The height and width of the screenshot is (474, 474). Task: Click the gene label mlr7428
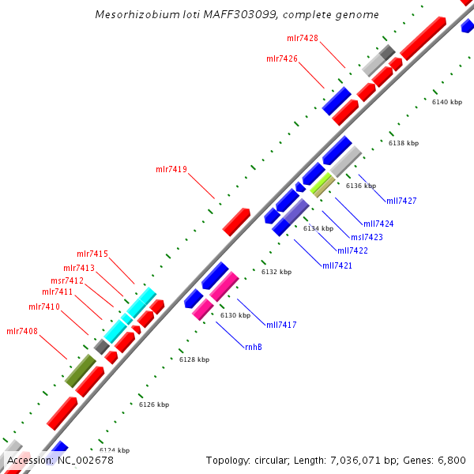click(303, 38)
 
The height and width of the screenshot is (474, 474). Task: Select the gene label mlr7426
click(282, 58)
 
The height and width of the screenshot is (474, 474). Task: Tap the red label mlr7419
click(171, 169)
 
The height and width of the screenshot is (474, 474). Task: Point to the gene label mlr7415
click(92, 254)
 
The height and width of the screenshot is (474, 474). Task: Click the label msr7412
click(67, 280)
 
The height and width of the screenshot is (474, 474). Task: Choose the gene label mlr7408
click(22, 331)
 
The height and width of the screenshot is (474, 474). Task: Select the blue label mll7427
click(401, 201)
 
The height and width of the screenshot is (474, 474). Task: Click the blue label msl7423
click(367, 236)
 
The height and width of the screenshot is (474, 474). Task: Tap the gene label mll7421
click(337, 265)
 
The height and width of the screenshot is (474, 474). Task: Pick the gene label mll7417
click(281, 325)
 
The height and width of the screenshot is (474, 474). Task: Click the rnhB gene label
click(254, 347)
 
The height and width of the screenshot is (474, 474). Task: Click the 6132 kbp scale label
click(276, 272)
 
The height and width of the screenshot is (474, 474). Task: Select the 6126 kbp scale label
click(154, 404)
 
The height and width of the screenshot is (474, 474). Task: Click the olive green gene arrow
click(80, 371)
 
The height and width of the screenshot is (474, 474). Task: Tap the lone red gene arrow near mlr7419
click(236, 222)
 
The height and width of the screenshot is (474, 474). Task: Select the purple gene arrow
click(296, 211)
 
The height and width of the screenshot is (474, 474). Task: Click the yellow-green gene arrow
click(321, 185)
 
